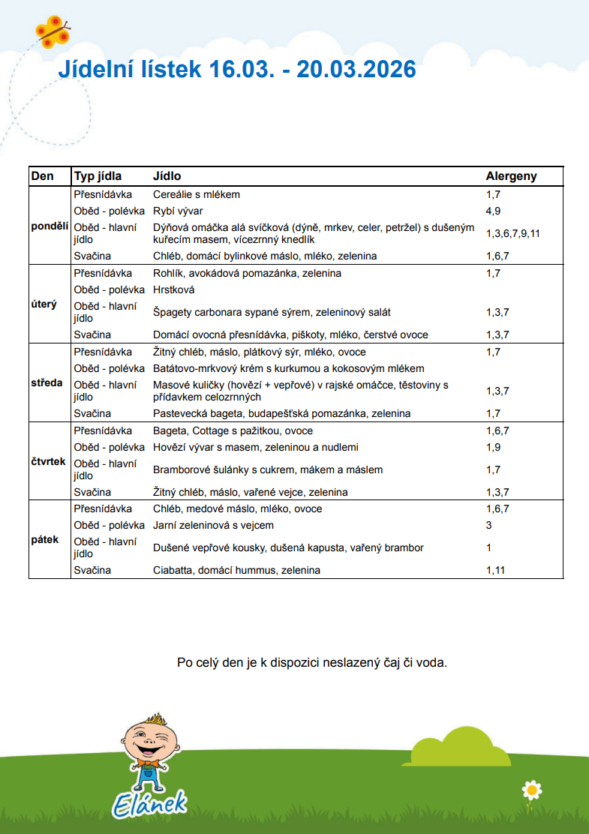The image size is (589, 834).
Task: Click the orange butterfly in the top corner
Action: [x=52, y=31]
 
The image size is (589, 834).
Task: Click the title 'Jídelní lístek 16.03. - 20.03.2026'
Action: [x=237, y=70]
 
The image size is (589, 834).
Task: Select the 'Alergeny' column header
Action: [x=511, y=176]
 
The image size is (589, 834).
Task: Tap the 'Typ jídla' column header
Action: [x=98, y=176]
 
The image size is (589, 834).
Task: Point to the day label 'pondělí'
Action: [x=50, y=225]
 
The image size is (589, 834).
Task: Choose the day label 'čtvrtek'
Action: [x=50, y=461]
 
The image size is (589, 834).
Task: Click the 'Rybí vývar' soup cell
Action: [x=178, y=211]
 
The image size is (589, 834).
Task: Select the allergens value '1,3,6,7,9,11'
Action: [x=512, y=233]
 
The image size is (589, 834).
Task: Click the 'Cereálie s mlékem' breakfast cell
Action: [x=197, y=194]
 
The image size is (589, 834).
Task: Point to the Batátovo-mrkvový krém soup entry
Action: [x=288, y=368]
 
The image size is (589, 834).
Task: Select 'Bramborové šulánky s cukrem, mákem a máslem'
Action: [x=268, y=469]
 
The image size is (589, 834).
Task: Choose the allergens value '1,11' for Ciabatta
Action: [x=496, y=570]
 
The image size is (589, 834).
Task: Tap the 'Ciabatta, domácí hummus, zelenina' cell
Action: [x=236, y=570]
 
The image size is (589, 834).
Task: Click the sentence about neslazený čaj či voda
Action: [x=311, y=663]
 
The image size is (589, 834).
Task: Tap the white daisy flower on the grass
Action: [x=532, y=789]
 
